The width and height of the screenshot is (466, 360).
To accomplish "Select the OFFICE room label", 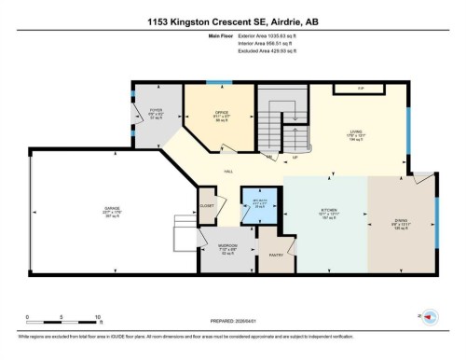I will click(x=222, y=112).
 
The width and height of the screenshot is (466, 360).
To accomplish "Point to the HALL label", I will click(x=227, y=172).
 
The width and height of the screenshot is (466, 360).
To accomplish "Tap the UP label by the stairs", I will click(x=295, y=157).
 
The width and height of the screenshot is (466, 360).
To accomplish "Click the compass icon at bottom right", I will click(x=431, y=318).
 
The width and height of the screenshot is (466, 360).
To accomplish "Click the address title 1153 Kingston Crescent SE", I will click(x=233, y=21).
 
